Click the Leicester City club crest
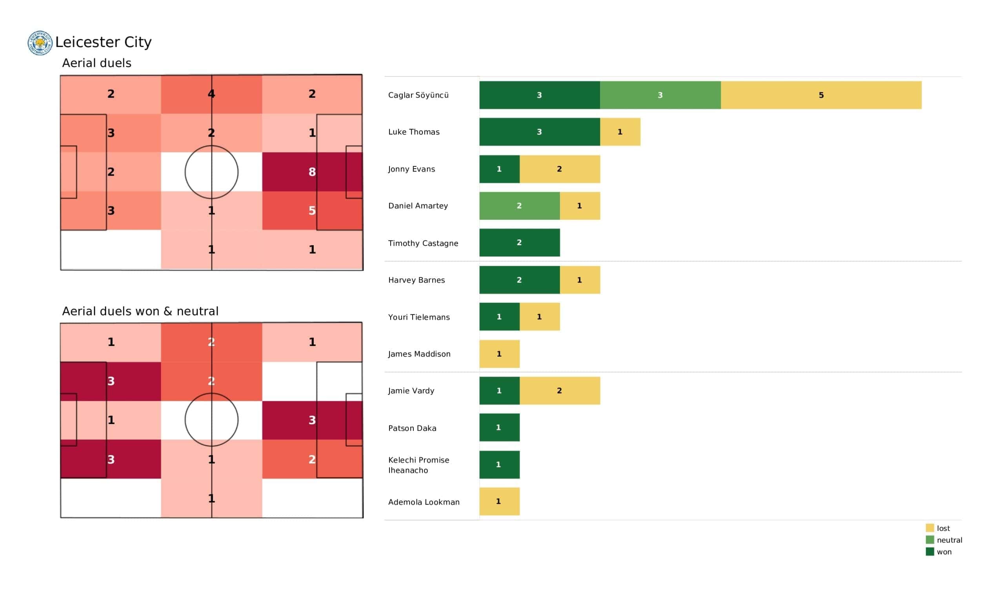click(x=40, y=43)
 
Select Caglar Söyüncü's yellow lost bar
click(x=821, y=95)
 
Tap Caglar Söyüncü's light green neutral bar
click(x=660, y=95)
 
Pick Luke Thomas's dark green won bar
click(x=539, y=132)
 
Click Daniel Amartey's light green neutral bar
click(x=519, y=206)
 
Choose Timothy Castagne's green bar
click(x=519, y=243)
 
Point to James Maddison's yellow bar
click(x=499, y=354)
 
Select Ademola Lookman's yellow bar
click(x=499, y=501)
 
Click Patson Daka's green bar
click(x=499, y=428)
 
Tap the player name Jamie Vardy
click(x=411, y=391)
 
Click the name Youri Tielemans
click(x=419, y=317)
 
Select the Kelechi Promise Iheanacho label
click(x=418, y=465)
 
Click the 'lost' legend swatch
click(x=930, y=528)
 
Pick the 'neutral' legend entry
click(x=949, y=540)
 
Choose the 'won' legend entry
click(x=944, y=552)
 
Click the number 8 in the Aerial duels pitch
click(x=312, y=172)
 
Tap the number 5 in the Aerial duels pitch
click(x=312, y=211)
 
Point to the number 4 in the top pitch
click(x=211, y=94)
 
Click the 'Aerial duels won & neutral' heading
click(x=140, y=311)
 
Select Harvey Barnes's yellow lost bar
click(x=580, y=280)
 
